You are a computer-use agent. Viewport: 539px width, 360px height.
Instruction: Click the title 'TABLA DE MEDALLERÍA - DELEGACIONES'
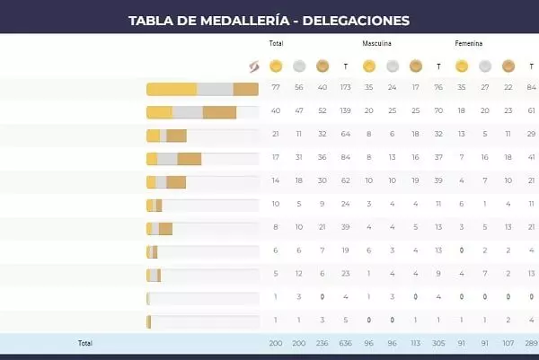pos(269,19)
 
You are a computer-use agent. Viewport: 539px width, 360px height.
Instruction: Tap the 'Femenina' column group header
pos(468,43)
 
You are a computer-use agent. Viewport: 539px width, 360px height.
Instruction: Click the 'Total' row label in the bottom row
pos(85,343)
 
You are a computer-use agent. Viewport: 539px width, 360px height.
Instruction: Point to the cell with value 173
pos(346,88)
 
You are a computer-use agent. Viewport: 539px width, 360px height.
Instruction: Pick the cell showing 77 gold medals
pos(276,88)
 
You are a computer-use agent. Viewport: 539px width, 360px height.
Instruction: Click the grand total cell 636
pos(346,343)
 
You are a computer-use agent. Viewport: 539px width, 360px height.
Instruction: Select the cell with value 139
pos(346,111)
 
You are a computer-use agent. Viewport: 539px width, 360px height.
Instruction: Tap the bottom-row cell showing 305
pos(437,343)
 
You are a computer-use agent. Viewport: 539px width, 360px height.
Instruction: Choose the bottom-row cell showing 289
pos(531,343)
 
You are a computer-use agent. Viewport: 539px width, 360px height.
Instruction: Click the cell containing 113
pos(414,343)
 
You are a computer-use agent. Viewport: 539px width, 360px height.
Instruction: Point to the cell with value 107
pos(508,343)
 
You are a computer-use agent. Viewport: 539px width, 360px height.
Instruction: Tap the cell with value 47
pos(299,111)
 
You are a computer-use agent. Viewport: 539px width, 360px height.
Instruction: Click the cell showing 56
pos(299,88)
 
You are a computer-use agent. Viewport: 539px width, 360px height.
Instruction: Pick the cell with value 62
pos(346,181)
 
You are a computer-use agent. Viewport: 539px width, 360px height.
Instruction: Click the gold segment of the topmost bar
pos(172,89)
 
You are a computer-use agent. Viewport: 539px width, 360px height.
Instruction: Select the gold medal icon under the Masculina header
pos(368,66)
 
